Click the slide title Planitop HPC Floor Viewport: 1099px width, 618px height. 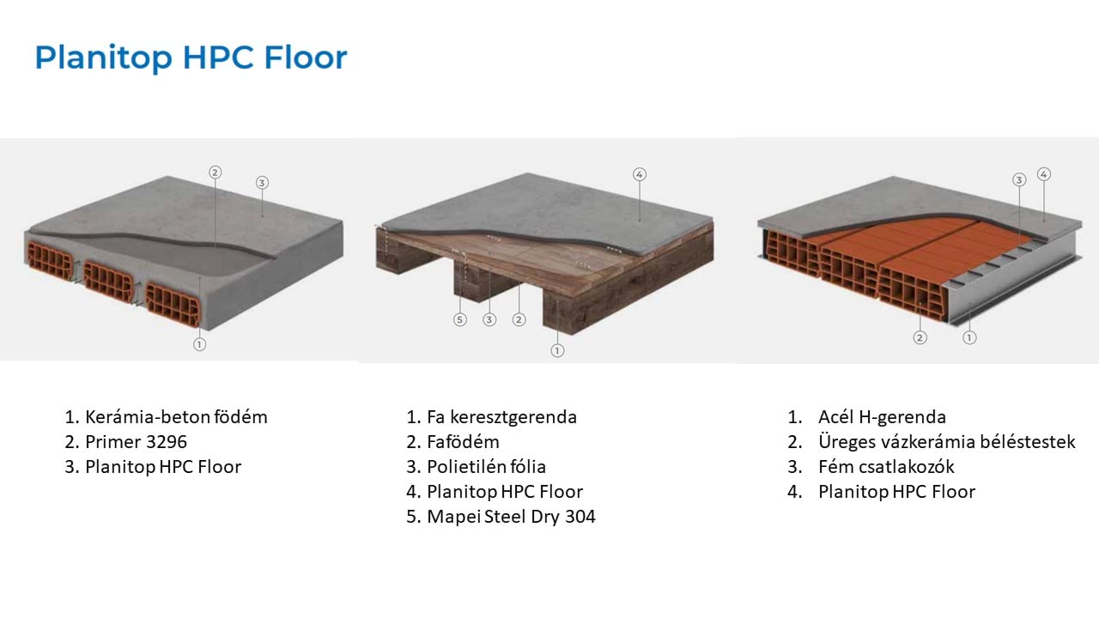191,58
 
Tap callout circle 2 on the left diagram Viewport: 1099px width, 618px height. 215,172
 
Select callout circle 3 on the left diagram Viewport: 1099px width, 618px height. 262,182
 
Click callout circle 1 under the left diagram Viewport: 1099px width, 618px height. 200,344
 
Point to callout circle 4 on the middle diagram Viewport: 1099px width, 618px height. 639,174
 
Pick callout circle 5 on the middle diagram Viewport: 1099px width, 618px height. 460,320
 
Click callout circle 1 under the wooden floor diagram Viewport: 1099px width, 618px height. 557,350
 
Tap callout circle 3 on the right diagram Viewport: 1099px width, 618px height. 1019,180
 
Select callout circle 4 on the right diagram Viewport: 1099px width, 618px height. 1044,174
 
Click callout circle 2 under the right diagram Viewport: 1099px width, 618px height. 920,337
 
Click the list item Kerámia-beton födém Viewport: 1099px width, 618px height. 176,417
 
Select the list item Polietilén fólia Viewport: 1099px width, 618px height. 486,467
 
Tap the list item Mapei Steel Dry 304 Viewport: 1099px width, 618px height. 511,517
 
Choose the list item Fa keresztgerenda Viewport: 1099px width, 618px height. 501,417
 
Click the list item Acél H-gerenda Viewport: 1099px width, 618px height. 882,417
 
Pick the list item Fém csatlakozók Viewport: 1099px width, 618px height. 886,467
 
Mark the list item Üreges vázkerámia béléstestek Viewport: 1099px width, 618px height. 946,442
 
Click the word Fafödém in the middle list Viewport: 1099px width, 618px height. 463,442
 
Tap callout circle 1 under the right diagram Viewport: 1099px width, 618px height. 969,337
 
